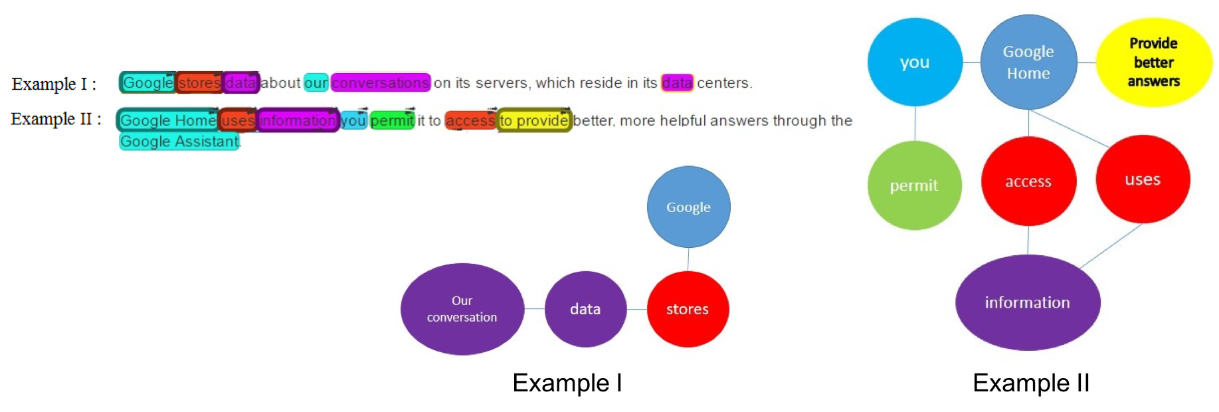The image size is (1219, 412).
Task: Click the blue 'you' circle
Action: (x=915, y=62)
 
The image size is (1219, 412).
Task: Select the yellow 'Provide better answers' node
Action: (x=1153, y=62)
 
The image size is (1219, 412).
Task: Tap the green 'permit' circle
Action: (x=914, y=185)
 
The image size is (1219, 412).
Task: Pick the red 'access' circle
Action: (x=1028, y=181)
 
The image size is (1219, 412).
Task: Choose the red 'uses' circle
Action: (x=1142, y=179)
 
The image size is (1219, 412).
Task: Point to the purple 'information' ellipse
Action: (x=1027, y=302)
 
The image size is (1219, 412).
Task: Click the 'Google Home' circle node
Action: (x=1028, y=62)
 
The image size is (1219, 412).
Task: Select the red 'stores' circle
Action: (x=687, y=309)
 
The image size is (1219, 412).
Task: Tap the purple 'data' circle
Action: (x=585, y=309)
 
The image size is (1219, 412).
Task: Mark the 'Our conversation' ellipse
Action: (x=462, y=309)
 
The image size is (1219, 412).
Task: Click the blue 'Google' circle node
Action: (x=688, y=207)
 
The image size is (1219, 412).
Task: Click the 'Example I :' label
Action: (x=54, y=84)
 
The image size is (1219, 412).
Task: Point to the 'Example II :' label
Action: (x=56, y=119)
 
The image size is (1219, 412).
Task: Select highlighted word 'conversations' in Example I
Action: (x=381, y=83)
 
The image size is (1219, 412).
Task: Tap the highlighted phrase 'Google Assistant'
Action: (x=179, y=142)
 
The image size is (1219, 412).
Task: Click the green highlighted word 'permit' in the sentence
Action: (x=392, y=120)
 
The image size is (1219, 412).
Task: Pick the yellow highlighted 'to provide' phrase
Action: (x=534, y=120)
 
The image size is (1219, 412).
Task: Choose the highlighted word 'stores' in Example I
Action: (x=199, y=83)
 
